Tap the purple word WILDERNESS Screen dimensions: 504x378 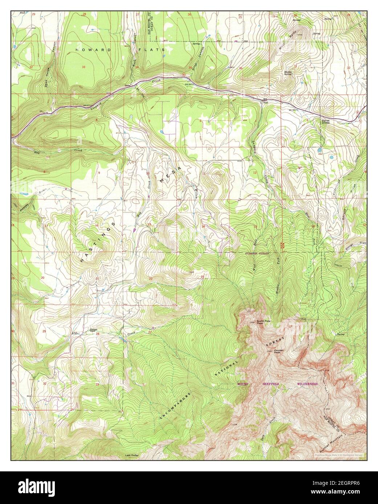point(307,384)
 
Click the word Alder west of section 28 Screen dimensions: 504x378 point(76,333)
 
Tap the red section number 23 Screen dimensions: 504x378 point(203,277)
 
